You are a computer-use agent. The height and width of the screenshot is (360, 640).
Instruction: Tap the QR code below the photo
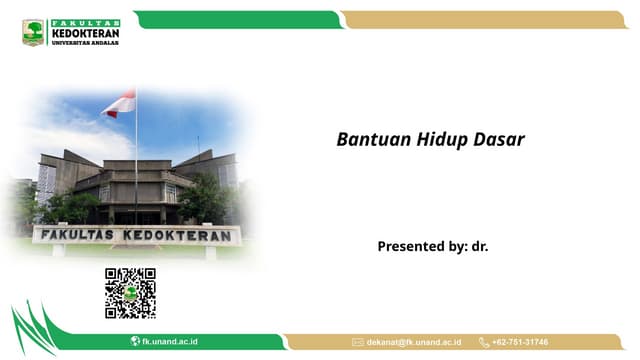click(x=130, y=292)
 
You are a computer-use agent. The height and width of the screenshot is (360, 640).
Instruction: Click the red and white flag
click(x=120, y=102)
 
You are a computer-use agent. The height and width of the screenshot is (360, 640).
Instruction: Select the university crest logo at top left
click(x=33, y=32)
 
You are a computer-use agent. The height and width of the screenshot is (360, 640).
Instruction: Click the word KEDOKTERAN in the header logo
click(x=85, y=32)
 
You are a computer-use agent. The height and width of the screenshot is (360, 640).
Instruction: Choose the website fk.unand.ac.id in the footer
click(x=170, y=342)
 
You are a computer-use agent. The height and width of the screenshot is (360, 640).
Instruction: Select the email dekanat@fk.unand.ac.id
click(x=414, y=342)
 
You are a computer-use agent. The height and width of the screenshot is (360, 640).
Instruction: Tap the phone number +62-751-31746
click(x=520, y=342)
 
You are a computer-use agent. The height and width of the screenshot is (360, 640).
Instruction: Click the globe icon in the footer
click(x=135, y=342)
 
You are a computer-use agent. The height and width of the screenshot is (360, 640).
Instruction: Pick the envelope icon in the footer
click(x=357, y=342)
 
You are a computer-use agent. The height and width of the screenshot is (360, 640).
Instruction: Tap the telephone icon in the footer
click(x=484, y=342)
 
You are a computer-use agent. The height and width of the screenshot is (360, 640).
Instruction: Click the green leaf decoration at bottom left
click(x=35, y=330)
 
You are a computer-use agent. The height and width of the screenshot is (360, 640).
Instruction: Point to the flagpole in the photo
click(x=136, y=160)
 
